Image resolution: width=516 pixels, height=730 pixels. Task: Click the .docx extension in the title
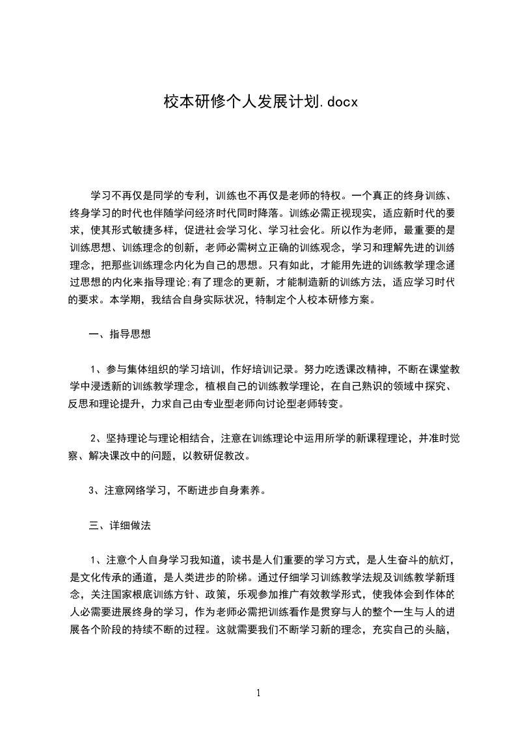[339, 102]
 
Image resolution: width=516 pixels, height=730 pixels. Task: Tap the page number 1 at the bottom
[258, 693]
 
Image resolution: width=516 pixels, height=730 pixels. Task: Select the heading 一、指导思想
[120, 335]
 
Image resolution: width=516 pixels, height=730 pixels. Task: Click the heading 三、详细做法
[120, 525]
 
